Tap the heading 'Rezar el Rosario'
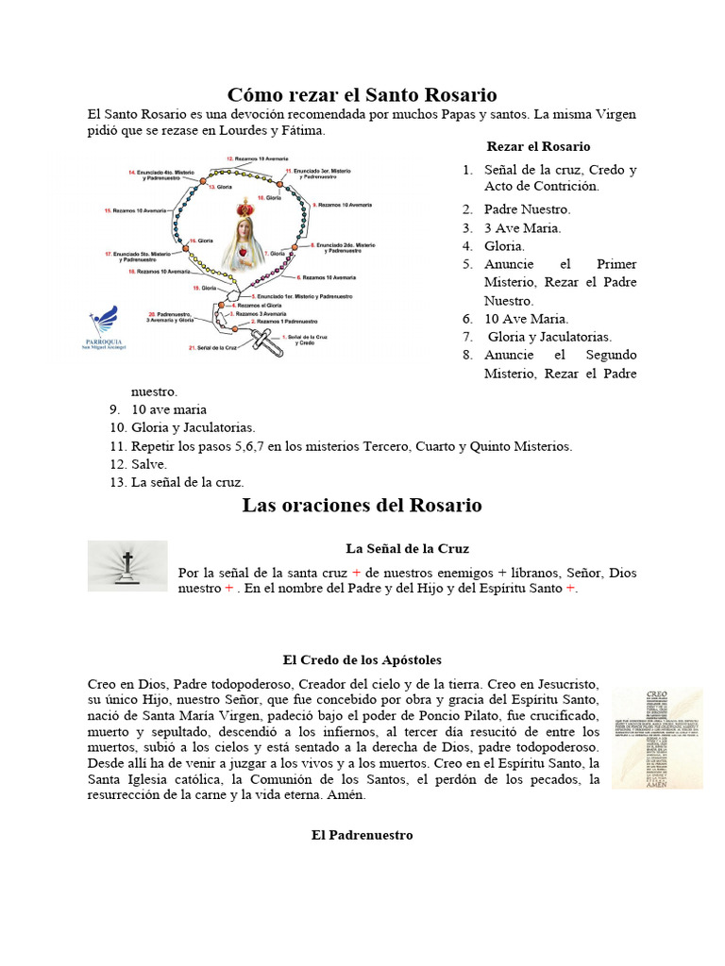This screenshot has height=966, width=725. point(538,146)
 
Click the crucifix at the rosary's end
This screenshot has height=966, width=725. point(268,340)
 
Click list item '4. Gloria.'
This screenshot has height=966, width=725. point(504,245)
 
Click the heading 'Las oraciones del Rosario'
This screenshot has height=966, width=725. point(362,506)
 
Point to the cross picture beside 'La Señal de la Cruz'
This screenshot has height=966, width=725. point(126,566)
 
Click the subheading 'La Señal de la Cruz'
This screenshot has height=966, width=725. point(407,548)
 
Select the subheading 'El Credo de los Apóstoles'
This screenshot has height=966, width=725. point(362,659)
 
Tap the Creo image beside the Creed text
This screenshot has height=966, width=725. point(656,738)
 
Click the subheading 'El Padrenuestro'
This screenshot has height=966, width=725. point(362,835)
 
